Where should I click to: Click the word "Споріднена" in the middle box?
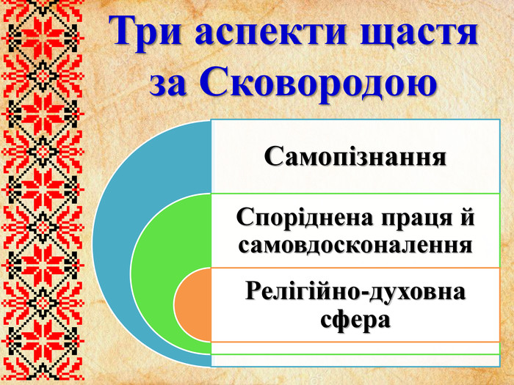click(308, 219)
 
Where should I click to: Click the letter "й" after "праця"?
click(467, 219)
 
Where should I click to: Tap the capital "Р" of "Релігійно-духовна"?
click(253, 292)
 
